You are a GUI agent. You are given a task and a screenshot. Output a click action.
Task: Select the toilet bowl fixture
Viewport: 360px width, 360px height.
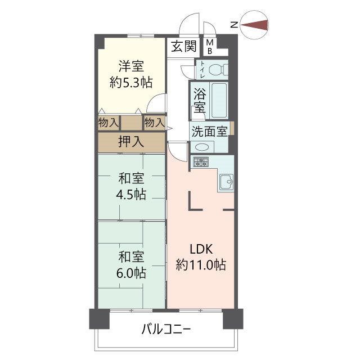(217, 70)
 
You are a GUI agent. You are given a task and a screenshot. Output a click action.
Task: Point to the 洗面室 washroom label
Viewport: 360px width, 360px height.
(209, 132)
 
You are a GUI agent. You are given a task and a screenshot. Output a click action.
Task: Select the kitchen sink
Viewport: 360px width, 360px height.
(227, 181)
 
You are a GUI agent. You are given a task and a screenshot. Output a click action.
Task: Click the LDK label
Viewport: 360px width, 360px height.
(201, 249)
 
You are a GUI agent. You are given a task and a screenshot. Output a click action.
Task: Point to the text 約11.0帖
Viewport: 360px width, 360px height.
(201, 264)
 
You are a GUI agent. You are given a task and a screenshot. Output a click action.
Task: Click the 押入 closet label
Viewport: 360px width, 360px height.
(131, 142)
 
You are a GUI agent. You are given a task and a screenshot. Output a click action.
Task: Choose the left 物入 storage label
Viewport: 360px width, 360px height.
(108, 122)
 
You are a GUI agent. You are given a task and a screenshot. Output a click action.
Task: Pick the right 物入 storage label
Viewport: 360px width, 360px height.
(154, 122)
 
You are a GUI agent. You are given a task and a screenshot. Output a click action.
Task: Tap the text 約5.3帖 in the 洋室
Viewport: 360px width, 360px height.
(130, 82)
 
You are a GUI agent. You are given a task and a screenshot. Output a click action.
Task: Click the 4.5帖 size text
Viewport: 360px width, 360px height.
(132, 194)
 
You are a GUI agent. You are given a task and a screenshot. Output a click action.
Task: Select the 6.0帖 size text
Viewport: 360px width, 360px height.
(132, 273)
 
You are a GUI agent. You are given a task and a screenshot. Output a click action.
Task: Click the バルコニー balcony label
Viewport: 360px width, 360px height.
(166, 329)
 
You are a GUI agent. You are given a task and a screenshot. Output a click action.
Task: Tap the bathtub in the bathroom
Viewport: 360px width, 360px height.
(217, 100)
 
